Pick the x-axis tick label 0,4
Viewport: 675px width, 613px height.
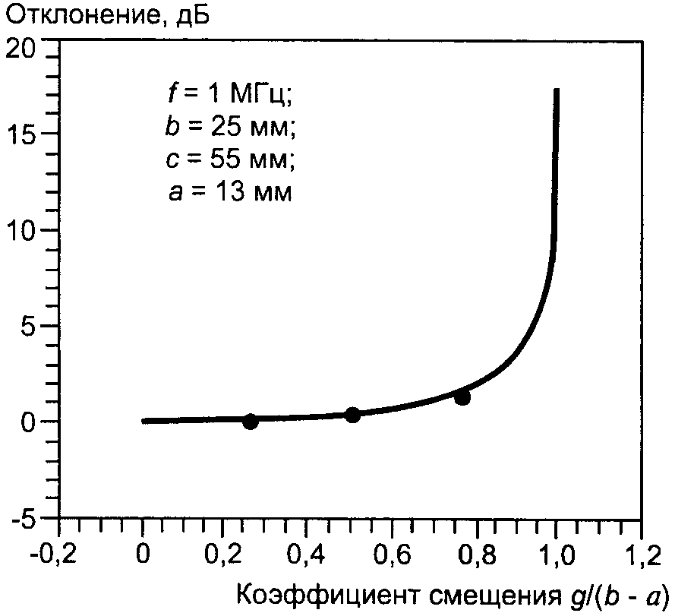[x=308, y=560]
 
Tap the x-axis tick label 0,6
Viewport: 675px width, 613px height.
[x=390, y=560]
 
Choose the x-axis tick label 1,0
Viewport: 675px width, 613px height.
[x=557, y=560]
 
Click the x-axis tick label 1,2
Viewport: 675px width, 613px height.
[x=639, y=560]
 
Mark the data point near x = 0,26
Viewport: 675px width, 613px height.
[x=251, y=422]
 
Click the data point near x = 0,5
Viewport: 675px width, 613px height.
[x=352, y=415]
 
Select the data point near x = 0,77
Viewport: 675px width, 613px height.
[x=462, y=397]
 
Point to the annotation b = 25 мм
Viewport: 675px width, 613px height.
[x=229, y=128]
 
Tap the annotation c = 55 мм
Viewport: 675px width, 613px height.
[x=229, y=160]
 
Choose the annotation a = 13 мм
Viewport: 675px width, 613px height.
[x=229, y=193]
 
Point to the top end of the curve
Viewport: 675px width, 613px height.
[x=557, y=90]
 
